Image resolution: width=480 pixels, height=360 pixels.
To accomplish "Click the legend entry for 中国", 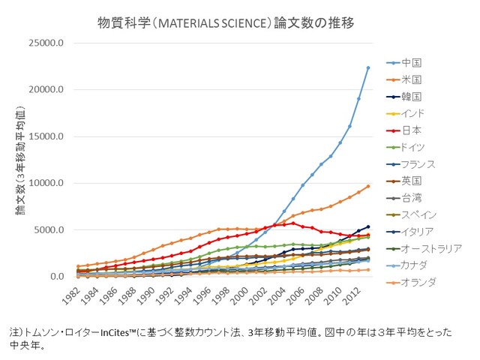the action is pos(404,63).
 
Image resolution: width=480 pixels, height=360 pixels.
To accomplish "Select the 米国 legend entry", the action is pos(404,80).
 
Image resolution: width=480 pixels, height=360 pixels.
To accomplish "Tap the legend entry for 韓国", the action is pos(404,97).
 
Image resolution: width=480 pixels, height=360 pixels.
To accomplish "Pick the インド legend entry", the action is pos(405,113).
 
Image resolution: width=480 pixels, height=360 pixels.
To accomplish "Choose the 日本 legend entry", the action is pos(404,130).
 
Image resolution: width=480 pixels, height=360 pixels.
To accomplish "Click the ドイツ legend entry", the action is pos(406,147).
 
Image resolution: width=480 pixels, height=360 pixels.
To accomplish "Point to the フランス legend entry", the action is pos(411,164).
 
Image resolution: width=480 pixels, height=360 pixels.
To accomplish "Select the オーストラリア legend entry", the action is pos(424,248).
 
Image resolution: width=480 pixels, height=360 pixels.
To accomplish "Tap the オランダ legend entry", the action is pos(411,282).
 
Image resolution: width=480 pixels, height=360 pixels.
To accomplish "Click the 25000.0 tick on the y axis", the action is pos(46,43).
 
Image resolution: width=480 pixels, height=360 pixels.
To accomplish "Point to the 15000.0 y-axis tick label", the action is pos(46,136).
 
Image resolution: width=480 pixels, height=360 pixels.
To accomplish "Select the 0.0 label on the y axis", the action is pos(57,277).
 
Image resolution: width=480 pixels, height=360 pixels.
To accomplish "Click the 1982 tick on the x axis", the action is pos(70,296).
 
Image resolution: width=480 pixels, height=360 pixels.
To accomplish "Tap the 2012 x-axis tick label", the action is pos(350,296).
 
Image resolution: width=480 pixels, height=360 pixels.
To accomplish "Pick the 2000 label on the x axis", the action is pos(238,296).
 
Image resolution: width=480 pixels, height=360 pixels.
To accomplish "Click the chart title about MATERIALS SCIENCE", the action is pos(226,23).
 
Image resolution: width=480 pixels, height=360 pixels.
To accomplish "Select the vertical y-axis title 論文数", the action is pos(20,160).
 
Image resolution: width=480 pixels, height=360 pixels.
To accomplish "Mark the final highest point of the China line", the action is pos(368,67).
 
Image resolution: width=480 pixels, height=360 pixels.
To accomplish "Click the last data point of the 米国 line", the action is pos(368,186).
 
